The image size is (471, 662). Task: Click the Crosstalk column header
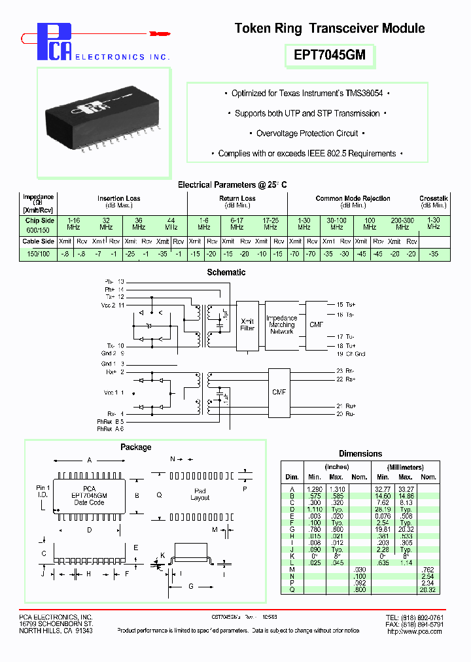(433, 198)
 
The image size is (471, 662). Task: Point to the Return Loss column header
(237, 198)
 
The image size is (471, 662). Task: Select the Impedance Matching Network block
(282, 324)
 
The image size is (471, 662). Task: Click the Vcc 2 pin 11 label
(113, 305)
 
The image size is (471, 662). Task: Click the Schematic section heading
(226, 272)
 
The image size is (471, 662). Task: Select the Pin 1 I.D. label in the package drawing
(43, 491)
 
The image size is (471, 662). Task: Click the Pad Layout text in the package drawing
(200, 494)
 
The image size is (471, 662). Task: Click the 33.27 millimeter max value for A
(406, 489)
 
